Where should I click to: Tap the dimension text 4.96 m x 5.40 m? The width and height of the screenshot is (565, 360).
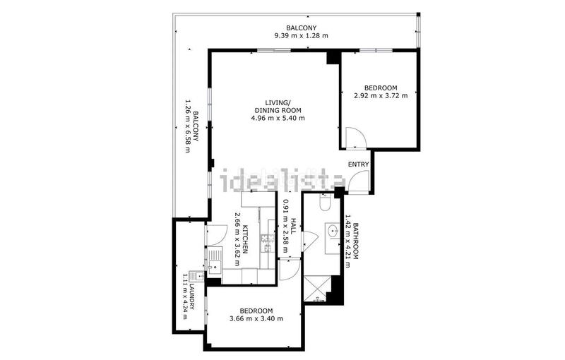pos(278,118)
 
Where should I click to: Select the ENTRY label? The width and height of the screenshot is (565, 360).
pos(359,164)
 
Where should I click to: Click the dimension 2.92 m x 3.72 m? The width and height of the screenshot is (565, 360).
pos(381,96)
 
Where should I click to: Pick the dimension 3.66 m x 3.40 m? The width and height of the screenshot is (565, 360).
pos(256,319)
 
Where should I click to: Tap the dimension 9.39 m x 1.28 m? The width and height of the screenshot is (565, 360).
pos(301,35)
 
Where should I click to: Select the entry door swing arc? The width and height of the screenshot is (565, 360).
pos(358,183)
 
